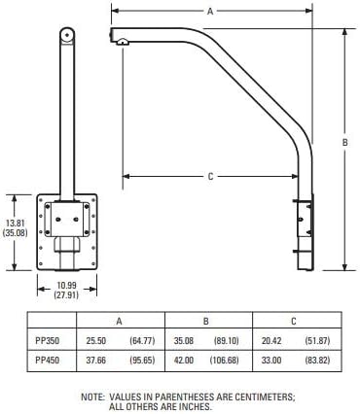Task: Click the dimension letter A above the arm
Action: pyautogui.click(x=210, y=12)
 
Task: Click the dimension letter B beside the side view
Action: pyautogui.click(x=345, y=142)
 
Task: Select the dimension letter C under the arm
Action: pyautogui.click(x=210, y=177)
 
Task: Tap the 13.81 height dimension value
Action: pyautogui.click(x=15, y=224)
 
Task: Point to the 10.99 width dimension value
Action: pyautogui.click(x=67, y=286)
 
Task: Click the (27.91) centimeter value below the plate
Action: pyautogui.click(x=66, y=294)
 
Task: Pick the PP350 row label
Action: pyautogui.click(x=48, y=341)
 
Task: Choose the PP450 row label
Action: pyautogui.click(x=48, y=360)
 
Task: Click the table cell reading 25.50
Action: pyautogui.click(x=96, y=341)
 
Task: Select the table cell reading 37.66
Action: pyautogui.click(x=96, y=360)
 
